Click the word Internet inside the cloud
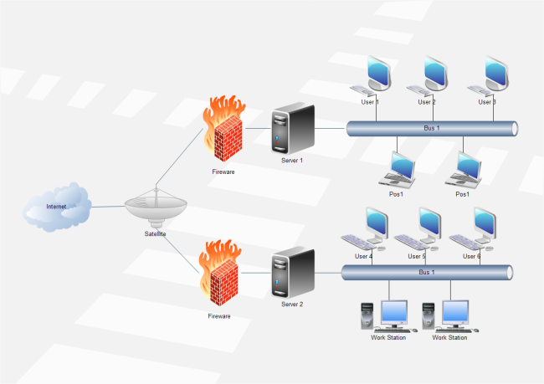click(x=56, y=206)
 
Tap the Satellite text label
click(x=156, y=234)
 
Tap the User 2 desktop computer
click(x=428, y=76)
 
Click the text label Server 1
click(x=292, y=160)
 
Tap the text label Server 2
click(x=292, y=305)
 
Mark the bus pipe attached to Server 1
click(x=432, y=128)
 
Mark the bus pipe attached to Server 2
click(x=427, y=272)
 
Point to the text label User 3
click(x=487, y=102)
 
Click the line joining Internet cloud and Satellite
click(x=107, y=206)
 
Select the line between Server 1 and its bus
click(x=331, y=128)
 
